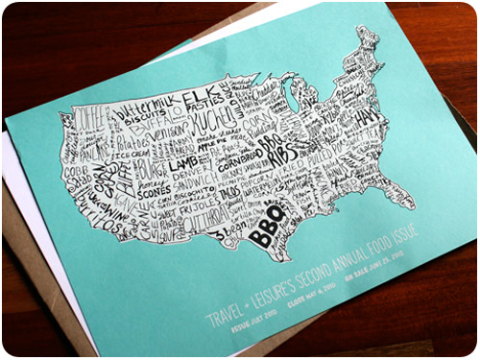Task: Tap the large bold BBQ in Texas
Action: point(265,228)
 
